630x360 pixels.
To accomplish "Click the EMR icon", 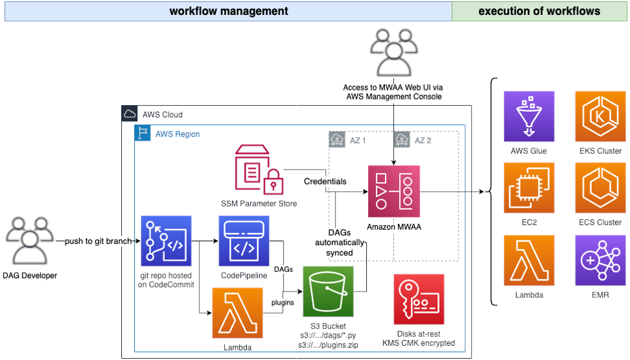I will point(600,260).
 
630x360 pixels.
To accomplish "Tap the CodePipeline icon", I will point(244,241).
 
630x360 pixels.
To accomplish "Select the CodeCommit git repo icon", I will point(166,241).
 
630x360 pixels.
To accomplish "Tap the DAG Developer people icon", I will point(28,241).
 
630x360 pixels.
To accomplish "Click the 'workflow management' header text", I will point(228,11).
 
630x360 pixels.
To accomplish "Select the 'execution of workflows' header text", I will point(539,11).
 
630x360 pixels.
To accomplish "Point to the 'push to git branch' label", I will point(98,241).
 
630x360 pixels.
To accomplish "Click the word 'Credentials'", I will point(325,181).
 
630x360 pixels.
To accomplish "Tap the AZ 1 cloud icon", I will point(336,139).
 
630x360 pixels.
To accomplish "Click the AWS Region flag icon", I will point(143,134).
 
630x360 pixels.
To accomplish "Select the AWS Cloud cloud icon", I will point(129,114).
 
